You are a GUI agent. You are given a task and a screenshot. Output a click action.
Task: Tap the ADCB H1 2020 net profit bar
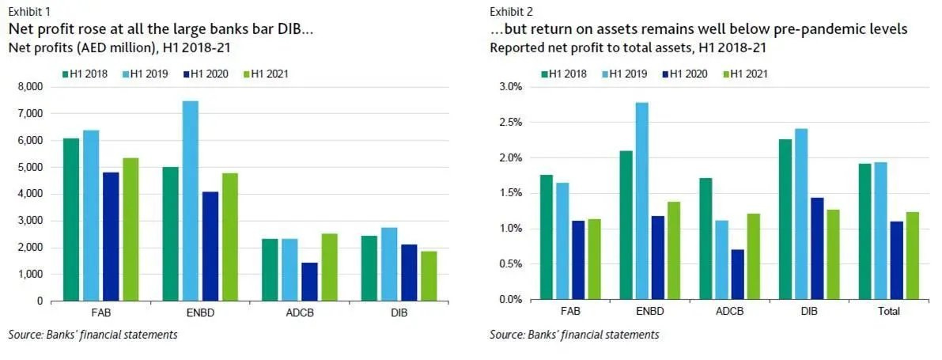309,282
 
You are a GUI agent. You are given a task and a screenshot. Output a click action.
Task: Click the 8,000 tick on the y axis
30,87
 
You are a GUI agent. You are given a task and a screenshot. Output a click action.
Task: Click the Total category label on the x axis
889,312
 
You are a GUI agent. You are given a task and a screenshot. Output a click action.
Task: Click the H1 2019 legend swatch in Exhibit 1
124,74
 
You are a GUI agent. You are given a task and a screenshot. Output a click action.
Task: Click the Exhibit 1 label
28,11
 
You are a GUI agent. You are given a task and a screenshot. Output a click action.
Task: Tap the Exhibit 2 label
511,11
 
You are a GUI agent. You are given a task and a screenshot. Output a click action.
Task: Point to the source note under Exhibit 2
574,335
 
